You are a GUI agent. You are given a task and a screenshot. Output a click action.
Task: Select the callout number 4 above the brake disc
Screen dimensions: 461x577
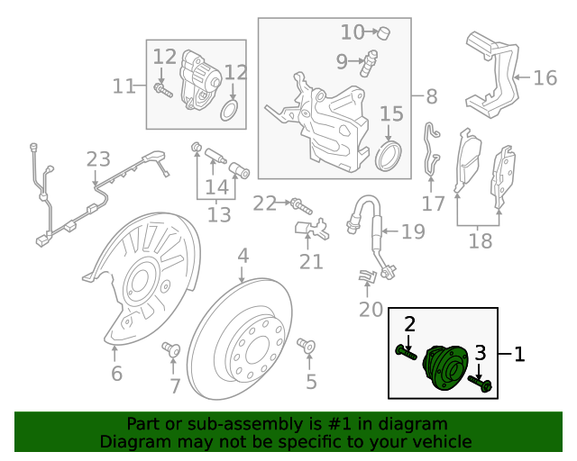tap(243, 258)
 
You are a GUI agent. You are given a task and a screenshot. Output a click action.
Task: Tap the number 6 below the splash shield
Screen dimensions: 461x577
tap(115, 373)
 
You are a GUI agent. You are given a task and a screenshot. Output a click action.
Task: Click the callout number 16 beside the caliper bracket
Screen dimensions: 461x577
tap(545, 78)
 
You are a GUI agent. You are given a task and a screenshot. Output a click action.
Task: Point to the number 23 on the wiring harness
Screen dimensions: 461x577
tap(97, 160)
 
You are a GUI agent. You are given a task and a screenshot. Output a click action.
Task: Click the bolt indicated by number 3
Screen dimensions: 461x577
tap(481, 385)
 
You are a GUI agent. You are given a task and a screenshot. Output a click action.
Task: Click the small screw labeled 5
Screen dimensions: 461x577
tap(305, 345)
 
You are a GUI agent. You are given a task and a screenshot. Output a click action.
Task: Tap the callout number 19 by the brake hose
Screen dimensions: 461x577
tap(412, 232)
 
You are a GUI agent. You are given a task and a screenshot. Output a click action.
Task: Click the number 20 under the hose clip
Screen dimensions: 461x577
tap(371, 311)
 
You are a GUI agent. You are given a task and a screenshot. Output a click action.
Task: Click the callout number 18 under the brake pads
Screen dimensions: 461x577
tap(480, 241)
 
